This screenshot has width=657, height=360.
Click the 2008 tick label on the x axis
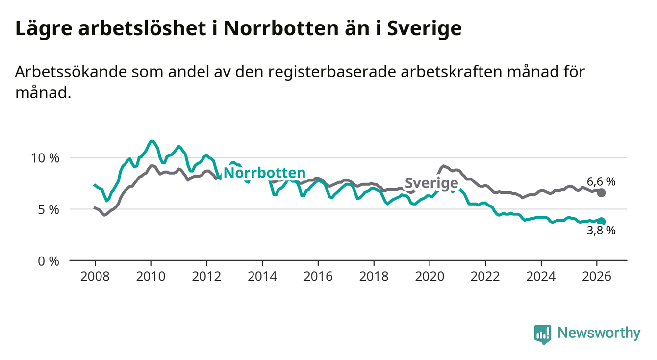coord(95,276)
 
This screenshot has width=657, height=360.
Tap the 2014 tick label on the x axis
coord(262,276)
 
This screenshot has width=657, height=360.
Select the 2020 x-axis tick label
coord(430,276)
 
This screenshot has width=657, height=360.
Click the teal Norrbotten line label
coord(264,173)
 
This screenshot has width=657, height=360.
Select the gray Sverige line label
coord(431,184)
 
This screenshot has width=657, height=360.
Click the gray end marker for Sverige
coord(602,193)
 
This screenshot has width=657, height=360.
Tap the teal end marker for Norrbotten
coord(602,222)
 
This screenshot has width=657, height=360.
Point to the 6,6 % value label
coord(601,182)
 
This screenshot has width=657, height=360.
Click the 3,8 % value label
coord(601,231)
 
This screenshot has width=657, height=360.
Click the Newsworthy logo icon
coord(542,334)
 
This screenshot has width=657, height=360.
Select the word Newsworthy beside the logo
coord(599,334)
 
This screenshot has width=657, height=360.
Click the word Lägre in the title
coord(43,29)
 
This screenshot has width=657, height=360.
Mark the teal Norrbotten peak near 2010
coord(152,141)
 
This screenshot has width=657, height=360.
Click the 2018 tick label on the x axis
coord(374,276)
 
